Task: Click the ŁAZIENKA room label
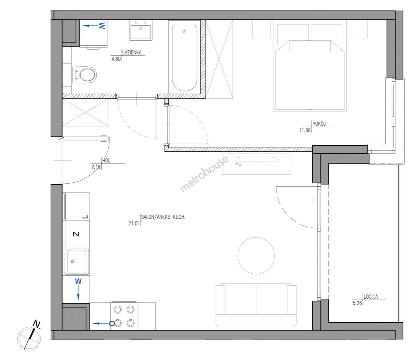tap(132, 53)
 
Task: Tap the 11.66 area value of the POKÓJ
tap(305, 130)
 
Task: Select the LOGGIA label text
tap(371, 297)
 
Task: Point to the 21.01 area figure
tap(134, 223)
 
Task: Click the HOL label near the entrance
tap(106, 161)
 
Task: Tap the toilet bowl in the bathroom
tap(85, 75)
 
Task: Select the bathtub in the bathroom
tap(185, 58)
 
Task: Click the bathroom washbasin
tap(141, 30)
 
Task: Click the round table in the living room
tap(256, 255)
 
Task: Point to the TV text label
tap(238, 165)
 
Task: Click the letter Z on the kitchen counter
tap(76, 234)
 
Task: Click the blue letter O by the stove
tap(112, 324)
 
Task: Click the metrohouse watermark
tap(205, 174)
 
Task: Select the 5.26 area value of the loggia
tap(357, 303)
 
